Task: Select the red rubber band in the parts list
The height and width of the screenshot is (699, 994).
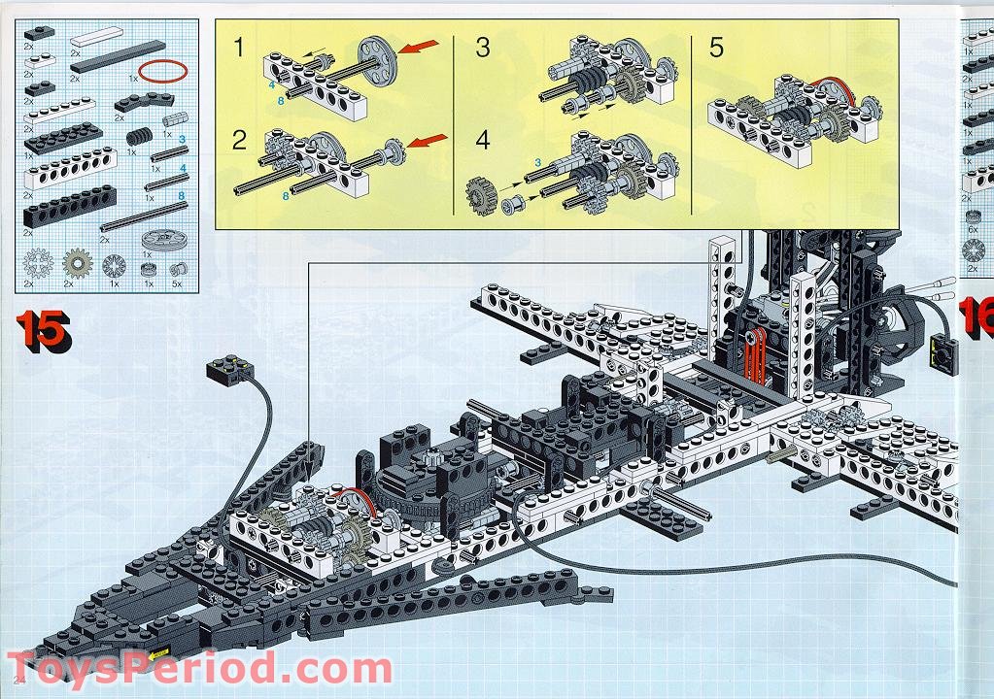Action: tap(161, 71)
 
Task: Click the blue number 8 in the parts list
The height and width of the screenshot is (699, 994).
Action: tap(182, 195)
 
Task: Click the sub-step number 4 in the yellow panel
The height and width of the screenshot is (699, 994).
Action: tap(483, 140)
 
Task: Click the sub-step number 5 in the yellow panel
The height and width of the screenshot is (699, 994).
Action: tap(716, 48)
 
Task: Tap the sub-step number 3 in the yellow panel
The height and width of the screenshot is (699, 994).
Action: tap(483, 48)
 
